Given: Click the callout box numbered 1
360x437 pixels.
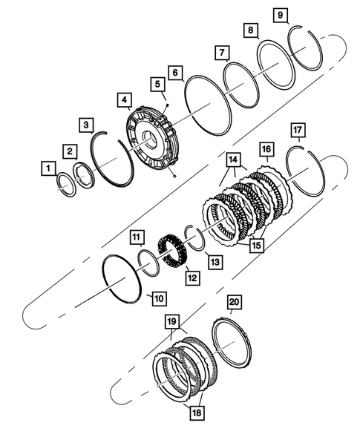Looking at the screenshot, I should point(48,170).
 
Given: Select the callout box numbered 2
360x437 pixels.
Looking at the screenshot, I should point(68,151).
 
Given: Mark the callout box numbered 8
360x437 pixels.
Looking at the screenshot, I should point(252,30).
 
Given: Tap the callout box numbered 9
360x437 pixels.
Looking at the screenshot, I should point(281,15).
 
